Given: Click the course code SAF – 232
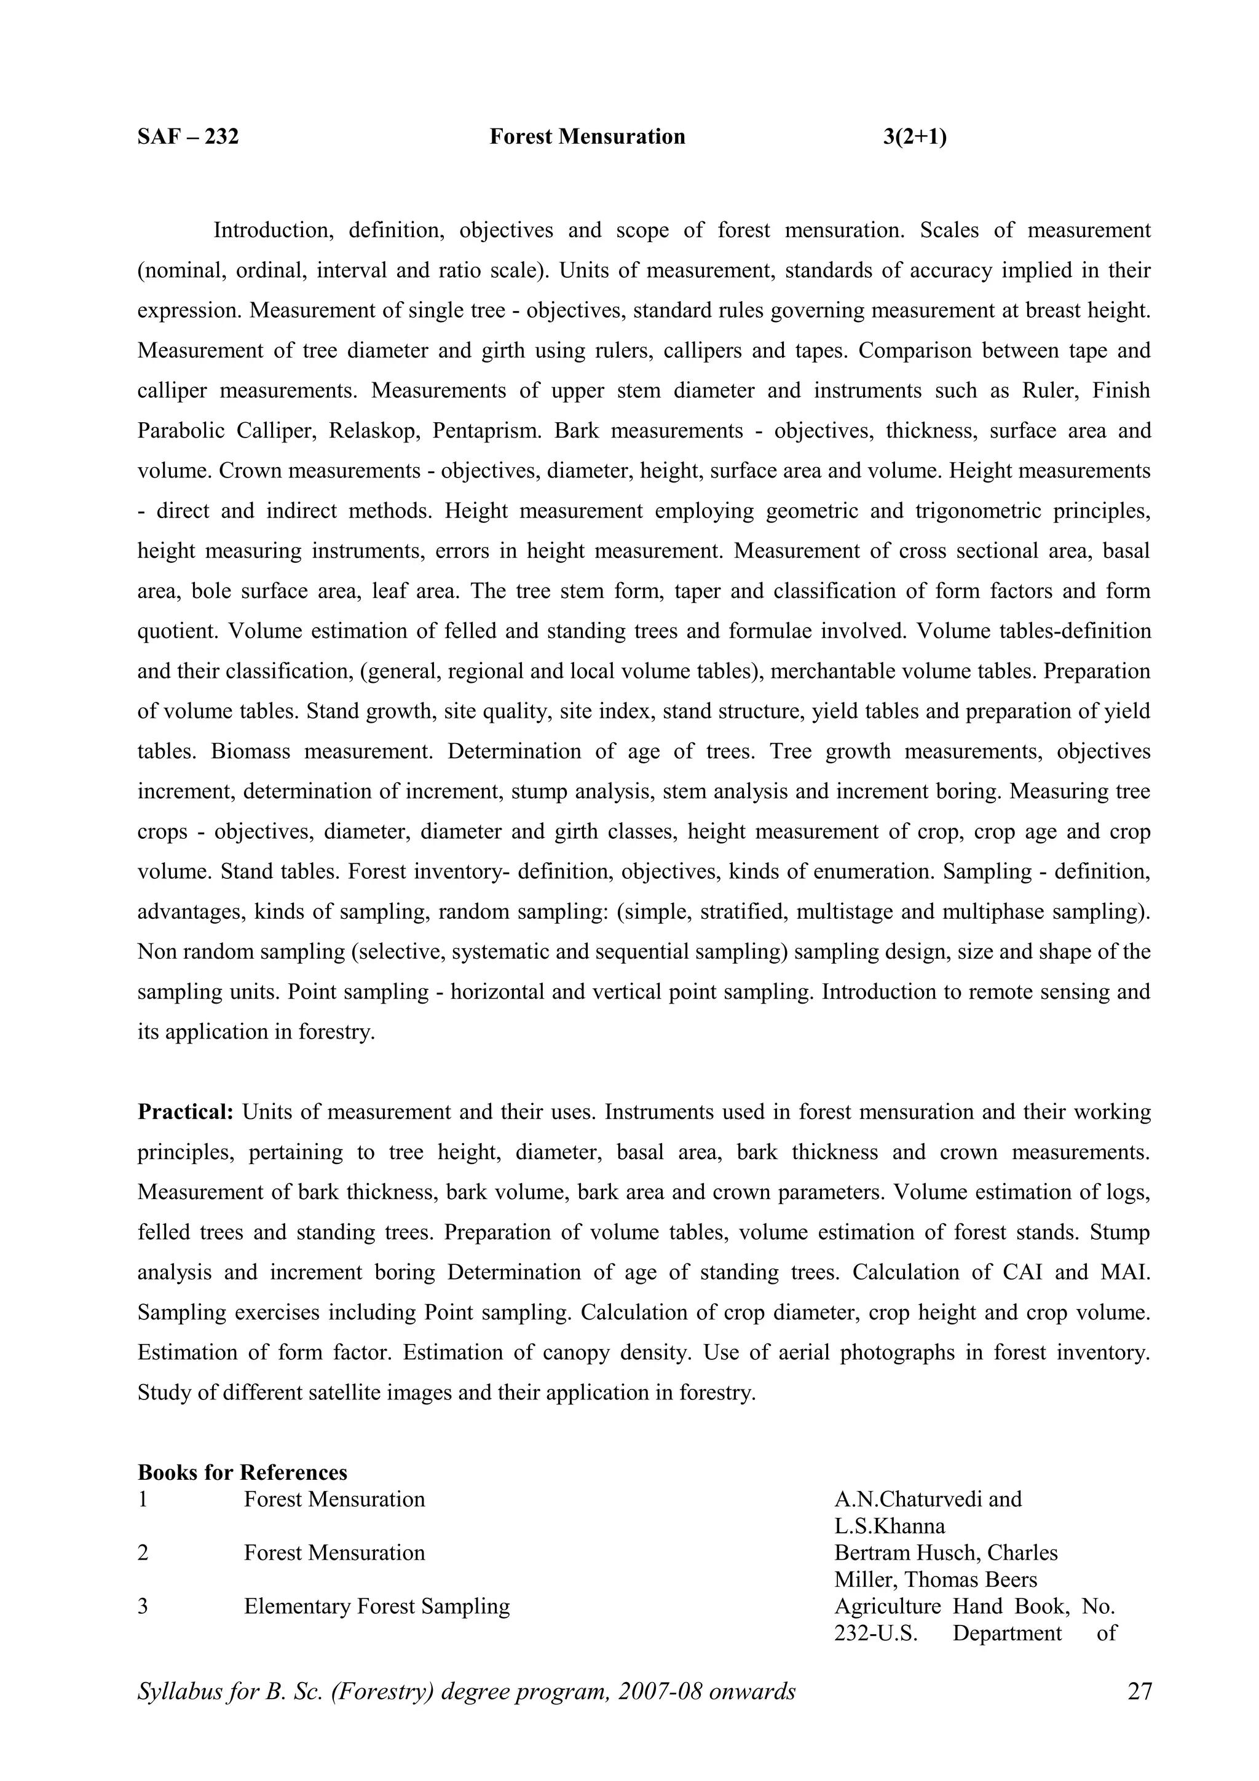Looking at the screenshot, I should (x=187, y=137).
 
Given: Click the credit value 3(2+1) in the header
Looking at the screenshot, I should (x=915, y=137).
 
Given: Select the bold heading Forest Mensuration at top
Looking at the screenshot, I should (x=587, y=137).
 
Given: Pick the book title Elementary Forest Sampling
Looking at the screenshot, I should (x=376, y=1606).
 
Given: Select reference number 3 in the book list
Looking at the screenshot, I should (x=143, y=1606).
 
